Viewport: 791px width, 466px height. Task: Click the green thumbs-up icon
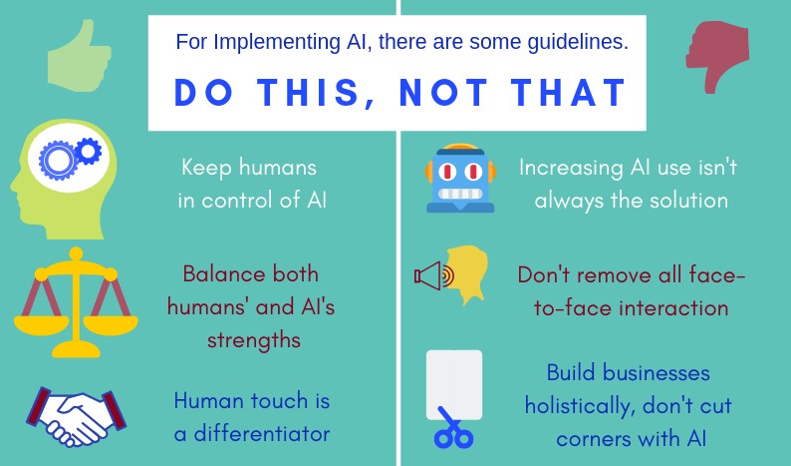click(x=79, y=57)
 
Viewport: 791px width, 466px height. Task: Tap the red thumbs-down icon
click(x=717, y=56)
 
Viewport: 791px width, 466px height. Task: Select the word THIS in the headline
click(x=308, y=93)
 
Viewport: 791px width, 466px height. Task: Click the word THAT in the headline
click(x=569, y=93)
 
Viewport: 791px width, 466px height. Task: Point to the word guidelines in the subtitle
click(x=578, y=42)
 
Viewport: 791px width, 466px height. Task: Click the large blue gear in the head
click(x=58, y=160)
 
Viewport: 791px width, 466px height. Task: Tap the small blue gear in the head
click(x=89, y=151)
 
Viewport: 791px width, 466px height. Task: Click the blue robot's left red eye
click(x=446, y=172)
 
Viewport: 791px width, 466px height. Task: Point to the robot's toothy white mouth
click(x=460, y=194)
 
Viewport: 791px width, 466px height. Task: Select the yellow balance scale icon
click(x=76, y=302)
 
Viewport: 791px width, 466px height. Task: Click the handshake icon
click(x=76, y=416)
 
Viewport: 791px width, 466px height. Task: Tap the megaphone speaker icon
click(x=433, y=276)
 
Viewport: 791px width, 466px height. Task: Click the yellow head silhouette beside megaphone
click(x=467, y=274)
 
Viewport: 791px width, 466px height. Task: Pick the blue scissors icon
click(x=453, y=429)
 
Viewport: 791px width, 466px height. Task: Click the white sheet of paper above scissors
click(x=454, y=384)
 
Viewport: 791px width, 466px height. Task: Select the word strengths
click(x=254, y=340)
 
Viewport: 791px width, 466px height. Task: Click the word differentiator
click(x=262, y=434)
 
